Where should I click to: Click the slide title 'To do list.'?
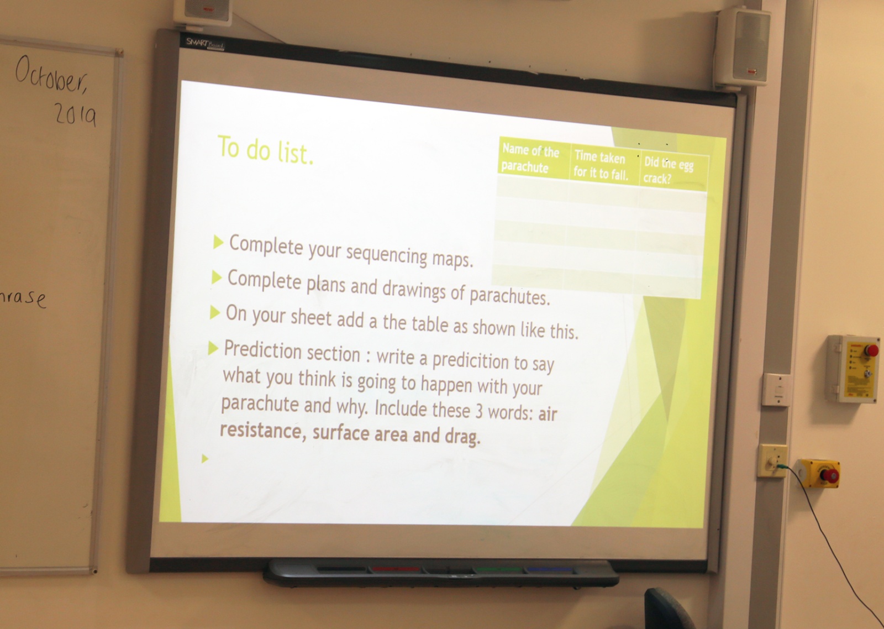(x=266, y=150)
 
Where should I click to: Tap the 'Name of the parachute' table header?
(x=530, y=158)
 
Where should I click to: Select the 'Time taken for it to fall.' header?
(x=600, y=165)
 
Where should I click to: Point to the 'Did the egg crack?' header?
(x=668, y=171)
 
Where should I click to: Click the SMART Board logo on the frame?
(x=205, y=44)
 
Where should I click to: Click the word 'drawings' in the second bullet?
(x=414, y=290)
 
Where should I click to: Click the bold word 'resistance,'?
(x=263, y=431)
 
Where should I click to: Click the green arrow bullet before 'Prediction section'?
(x=213, y=348)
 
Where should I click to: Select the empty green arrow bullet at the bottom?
(x=205, y=458)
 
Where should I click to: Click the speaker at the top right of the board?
(x=743, y=47)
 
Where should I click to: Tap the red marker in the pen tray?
(x=396, y=569)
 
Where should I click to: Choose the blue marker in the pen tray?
(x=550, y=570)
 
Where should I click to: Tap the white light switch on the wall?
(x=776, y=390)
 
